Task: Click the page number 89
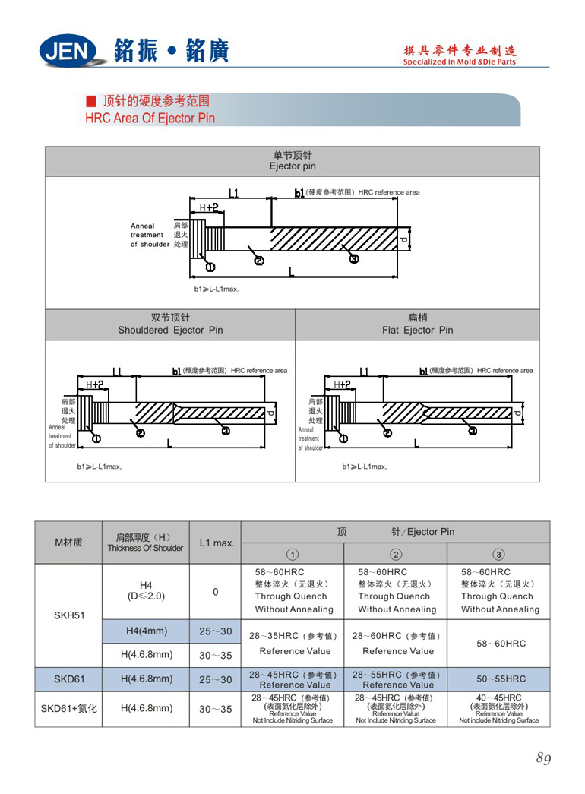543,758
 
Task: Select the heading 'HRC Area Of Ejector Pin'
150,119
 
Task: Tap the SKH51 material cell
68,615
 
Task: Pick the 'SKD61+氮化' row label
68,709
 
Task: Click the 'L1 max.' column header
216,543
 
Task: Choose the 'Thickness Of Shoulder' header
145,549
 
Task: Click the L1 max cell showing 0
216,592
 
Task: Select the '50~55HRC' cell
501,679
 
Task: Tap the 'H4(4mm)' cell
144,630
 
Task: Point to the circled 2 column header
396,553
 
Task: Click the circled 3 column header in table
498,553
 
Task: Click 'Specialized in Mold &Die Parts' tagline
459,62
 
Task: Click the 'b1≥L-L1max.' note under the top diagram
216,289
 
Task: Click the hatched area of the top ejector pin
334,241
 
